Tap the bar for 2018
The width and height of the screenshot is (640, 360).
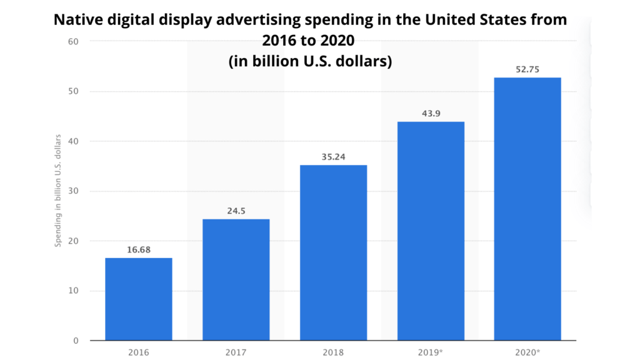coord(333,252)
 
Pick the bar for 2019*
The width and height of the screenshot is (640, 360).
coord(431,231)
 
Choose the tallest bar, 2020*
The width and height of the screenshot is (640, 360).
coord(527,209)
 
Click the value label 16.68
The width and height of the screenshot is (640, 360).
coord(138,250)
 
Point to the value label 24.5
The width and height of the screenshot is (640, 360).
coord(236,211)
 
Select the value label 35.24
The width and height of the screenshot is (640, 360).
coord(333,157)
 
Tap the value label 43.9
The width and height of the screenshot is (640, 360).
coord(431,114)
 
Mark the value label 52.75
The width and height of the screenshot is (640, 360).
coord(527,69)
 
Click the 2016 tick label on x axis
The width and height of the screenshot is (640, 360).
coord(138,352)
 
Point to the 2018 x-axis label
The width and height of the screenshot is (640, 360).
coord(333,352)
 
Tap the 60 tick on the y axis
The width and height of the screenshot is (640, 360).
coord(74,42)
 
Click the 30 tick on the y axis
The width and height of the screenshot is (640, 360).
coord(74,191)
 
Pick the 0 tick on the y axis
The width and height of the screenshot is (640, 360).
coord(76,341)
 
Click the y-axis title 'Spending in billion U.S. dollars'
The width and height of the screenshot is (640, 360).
coord(58,190)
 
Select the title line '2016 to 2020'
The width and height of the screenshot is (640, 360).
coord(308,41)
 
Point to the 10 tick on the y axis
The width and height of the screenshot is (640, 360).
coord(74,291)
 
